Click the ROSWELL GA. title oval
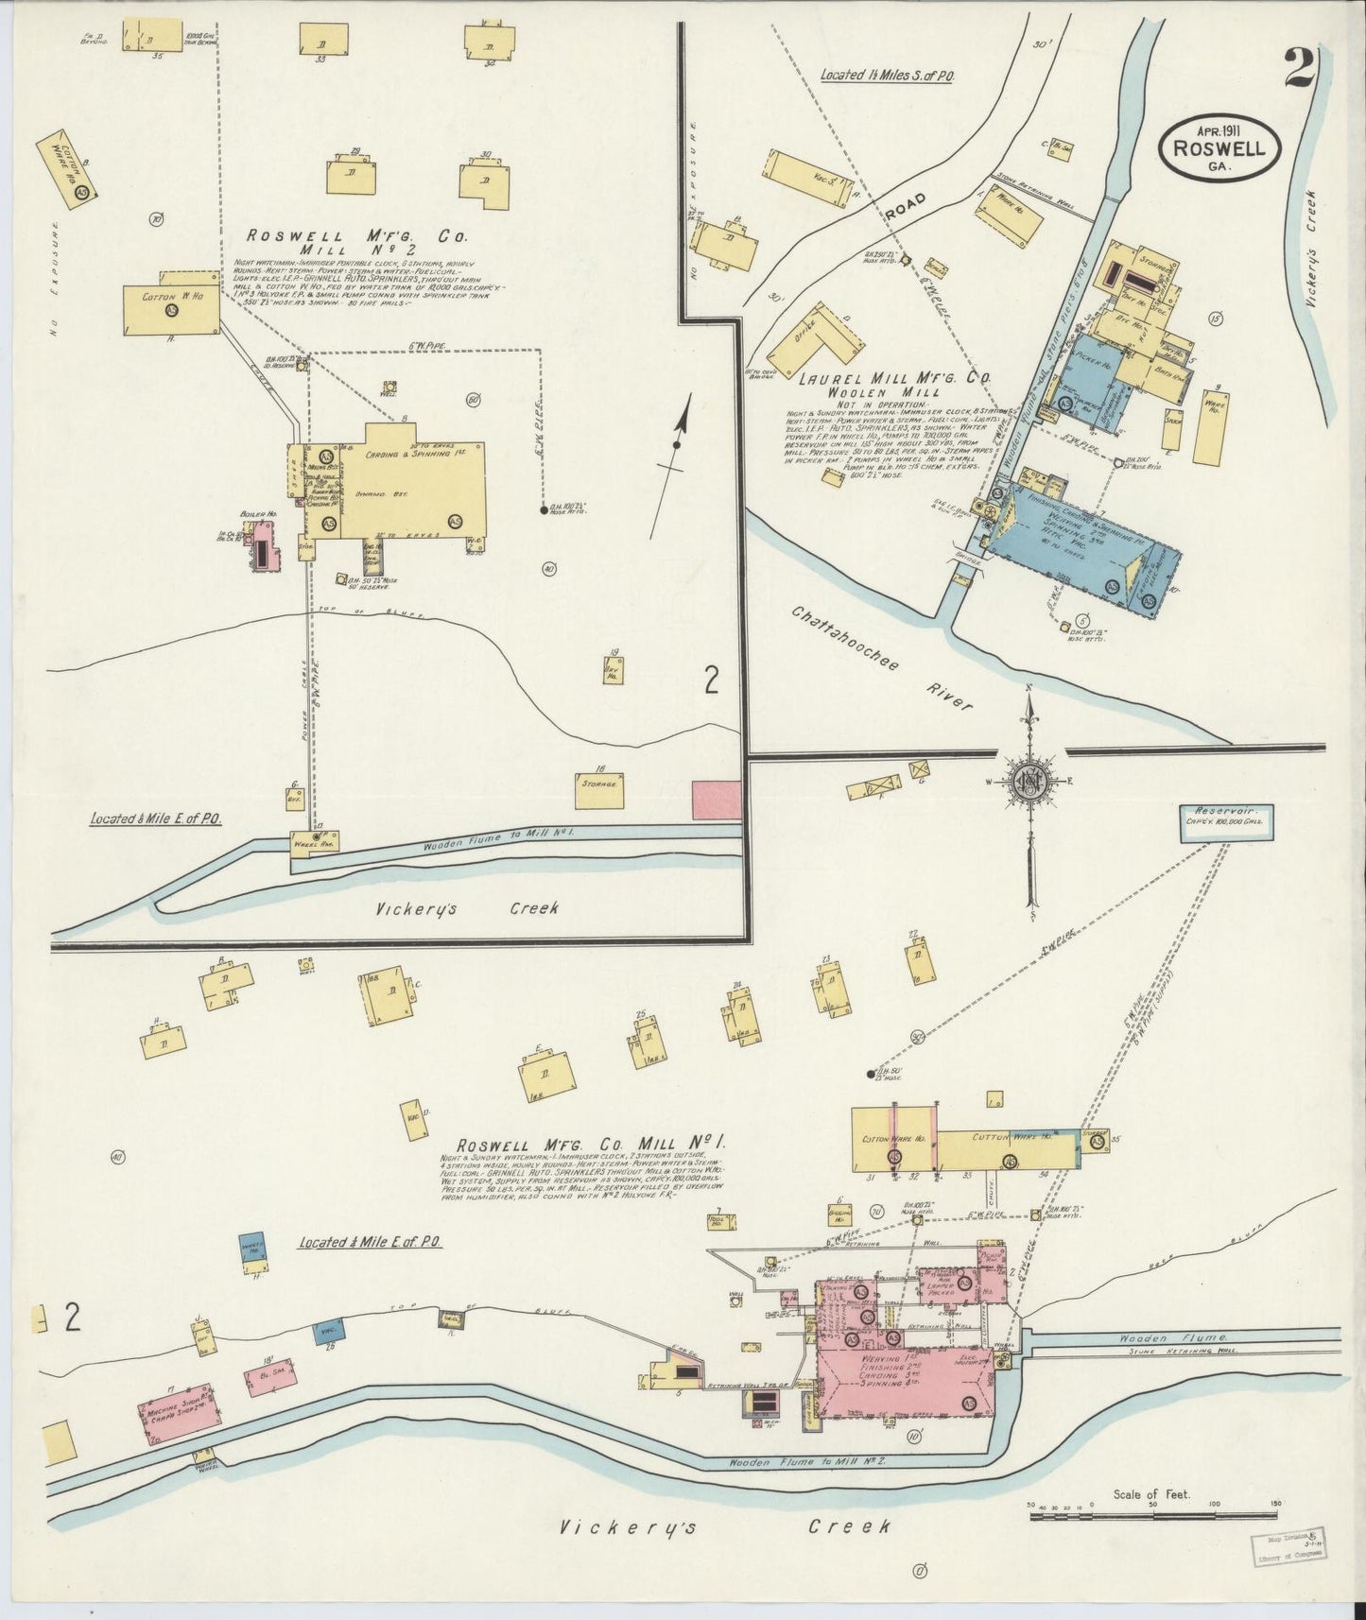[x=1219, y=147]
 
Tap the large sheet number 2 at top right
[x=1301, y=67]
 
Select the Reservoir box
[x=1226, y=817]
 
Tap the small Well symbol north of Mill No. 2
[x=389, y=388]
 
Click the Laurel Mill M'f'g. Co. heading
[x=894, y=378]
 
